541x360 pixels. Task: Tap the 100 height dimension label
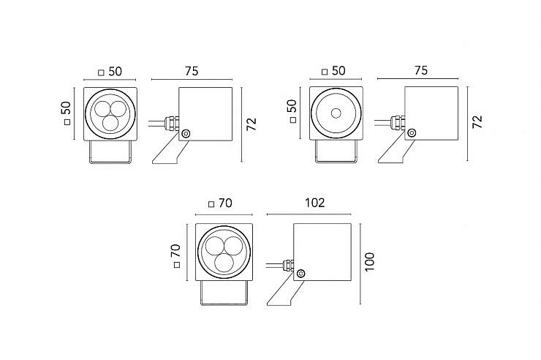[x=369, y=260]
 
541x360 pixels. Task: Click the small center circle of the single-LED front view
[x=335, y=113]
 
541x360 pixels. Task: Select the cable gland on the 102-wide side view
[x=287, y=264]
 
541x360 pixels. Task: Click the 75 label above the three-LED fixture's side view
[x=191, y=72]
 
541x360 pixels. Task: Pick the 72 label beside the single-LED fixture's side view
[x=477, y=121]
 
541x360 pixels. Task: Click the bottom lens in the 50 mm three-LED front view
[x=110, y=121]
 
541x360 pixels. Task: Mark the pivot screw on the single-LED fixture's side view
[x=412, y=133]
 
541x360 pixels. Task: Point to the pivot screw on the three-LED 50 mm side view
[x=186, y=133]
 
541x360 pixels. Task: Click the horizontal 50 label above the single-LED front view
[x=338, y=72]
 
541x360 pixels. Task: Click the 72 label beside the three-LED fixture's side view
[x=251, y=121]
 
